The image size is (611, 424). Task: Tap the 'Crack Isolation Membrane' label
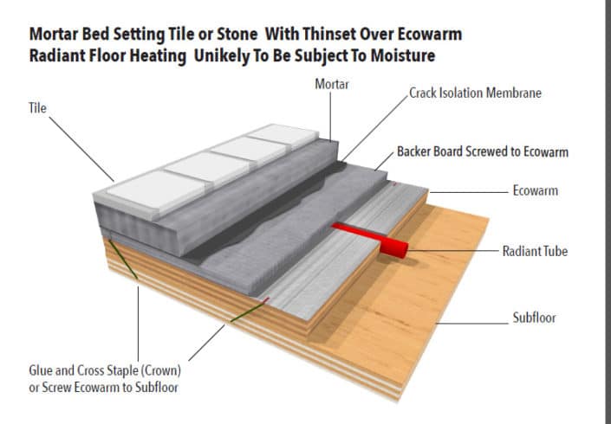pos(475,93)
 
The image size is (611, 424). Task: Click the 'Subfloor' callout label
pos(534,318)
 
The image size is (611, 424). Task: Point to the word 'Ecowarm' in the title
pos(428,35)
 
